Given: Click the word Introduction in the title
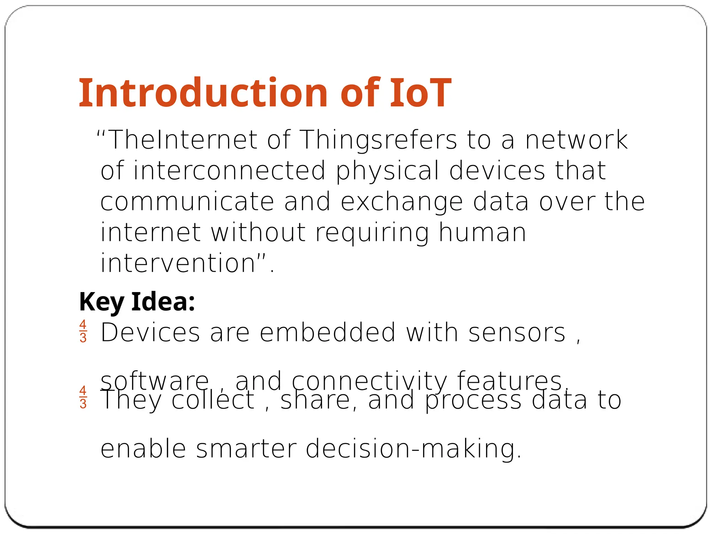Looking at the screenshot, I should pyautogui.click(x=203, y=93).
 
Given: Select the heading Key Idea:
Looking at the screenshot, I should pyautogui.click(x=137, y=301).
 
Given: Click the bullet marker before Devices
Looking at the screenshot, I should pyautogui.click(x=83, y=331).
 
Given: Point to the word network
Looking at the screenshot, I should pyautogui.click(x=576, y=140).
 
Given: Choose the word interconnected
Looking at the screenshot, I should pyautogui.click(x=229, y=170).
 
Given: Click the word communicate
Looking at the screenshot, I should pyautogui.click(x=187, y=202).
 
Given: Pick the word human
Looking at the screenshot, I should pyautogui.click(x=482, y=232).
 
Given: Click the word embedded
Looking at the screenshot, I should pyautogui.click(x=327, y=332).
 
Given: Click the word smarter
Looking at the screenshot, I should pyautogui.click(x=246, y=448).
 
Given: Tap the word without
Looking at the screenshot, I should pyautogui.click(x=258, y=232).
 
